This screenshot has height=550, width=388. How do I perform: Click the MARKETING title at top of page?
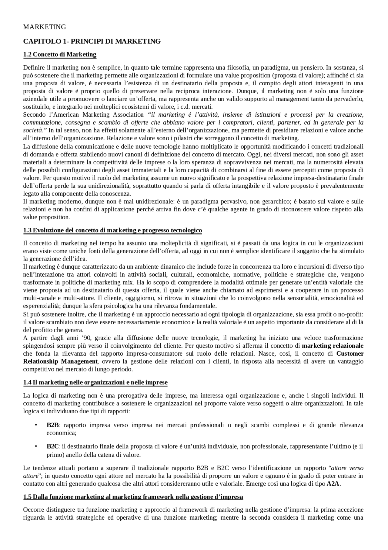tap(45, 27)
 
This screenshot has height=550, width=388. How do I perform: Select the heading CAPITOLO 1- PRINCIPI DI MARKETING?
tap(92, 41)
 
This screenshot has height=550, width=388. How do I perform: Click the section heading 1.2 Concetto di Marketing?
tap(60, 55)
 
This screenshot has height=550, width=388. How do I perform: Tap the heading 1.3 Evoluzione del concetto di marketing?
tap(112, 231)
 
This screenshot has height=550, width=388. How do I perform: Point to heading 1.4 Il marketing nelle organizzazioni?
tap(95, 382)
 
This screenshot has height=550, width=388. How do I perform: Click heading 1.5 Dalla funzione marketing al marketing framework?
tap(133, 497)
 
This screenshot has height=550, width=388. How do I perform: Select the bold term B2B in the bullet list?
tap(53, 425)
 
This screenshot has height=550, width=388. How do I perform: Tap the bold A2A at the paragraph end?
tap(333, 484)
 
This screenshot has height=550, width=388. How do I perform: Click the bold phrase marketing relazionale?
tap(333, 346)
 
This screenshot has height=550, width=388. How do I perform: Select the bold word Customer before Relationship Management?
tap(350, 354)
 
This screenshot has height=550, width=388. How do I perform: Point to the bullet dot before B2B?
tap(36, 425)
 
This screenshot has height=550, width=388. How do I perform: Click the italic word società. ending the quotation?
tap(35, 131)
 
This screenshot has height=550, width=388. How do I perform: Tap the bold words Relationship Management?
tap(60, 362)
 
